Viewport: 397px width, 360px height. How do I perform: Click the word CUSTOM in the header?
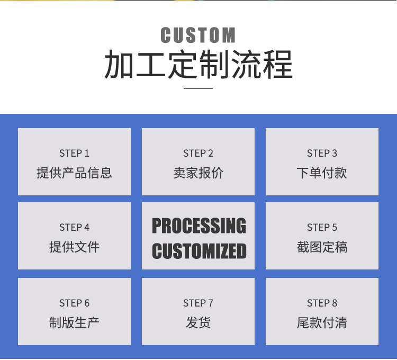(x=198, y=35)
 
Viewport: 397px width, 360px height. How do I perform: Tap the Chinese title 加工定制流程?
(x=198, y=65)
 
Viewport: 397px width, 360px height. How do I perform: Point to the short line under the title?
(x=198, y=88)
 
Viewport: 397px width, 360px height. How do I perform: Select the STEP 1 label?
(x=74, y=154)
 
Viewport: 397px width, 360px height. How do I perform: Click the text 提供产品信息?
(x=74, y=173)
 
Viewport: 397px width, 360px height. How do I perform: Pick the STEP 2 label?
(x=198, y=154)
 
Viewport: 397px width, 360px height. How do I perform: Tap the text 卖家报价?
(x=198, y=173)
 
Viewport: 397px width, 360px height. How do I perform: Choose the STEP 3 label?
(x=322, y=154)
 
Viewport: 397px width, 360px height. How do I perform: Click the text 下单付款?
(x=322, y=173)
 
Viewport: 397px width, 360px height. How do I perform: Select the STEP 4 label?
(x=74, y=228)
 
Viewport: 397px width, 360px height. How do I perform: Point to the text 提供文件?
(x=74, y=247)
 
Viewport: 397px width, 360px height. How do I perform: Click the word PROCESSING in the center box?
(x=199, y=226)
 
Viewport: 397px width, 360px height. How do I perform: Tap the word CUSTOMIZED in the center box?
(x=199, y=250)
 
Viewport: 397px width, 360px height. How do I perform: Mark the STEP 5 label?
(x=322, y=228)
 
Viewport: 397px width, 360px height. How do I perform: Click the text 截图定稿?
(x=322, y=247)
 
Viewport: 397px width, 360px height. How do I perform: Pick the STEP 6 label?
(x=74, y=303)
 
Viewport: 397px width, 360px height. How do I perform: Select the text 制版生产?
(x=74, y=322)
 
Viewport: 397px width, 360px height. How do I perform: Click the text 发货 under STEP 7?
(x=198, y=322)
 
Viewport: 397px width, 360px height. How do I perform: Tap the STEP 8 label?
(x=322, y=303)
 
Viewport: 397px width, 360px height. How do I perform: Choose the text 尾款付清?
(x=322, y=322)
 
